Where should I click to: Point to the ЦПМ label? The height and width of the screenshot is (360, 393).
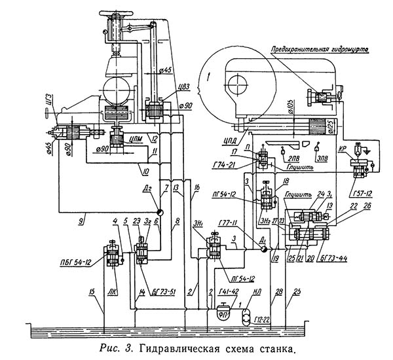click(x=137, y=139)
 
